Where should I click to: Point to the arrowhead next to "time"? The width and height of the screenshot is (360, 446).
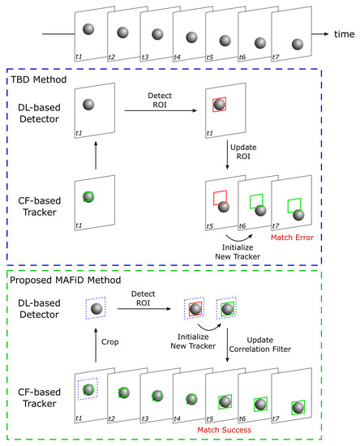point(325,35)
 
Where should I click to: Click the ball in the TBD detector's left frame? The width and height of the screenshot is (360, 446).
point(88,105)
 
